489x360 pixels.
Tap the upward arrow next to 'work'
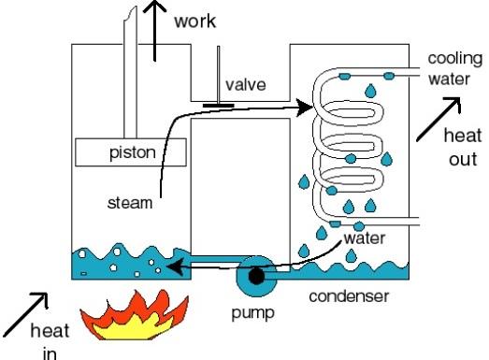pyautogui.click(x=157, y=28)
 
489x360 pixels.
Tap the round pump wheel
pyautogui.click(x=255, y=275)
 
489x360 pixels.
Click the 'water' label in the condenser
pyautogui.click(x=364, y=238)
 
